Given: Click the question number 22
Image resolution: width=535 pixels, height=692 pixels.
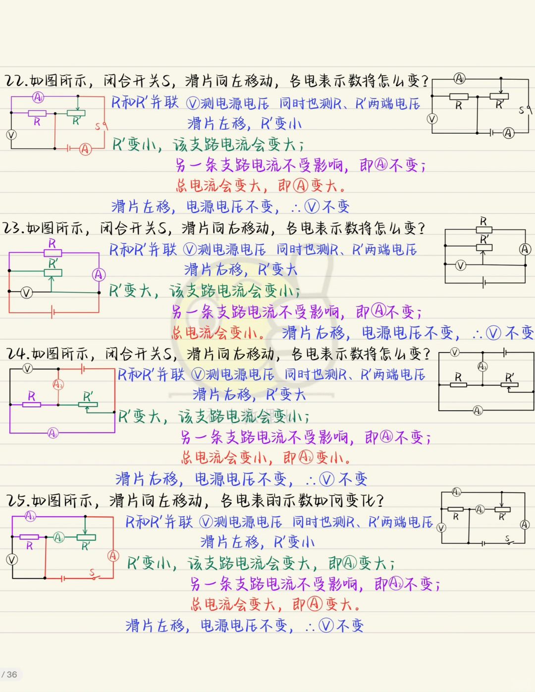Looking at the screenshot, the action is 15,81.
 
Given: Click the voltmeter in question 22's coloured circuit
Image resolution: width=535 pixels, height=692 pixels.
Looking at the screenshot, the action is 11,135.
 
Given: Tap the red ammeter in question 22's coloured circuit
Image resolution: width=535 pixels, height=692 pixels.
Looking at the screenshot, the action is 85,149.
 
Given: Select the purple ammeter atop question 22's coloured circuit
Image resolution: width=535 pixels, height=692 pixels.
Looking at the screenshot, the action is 38,97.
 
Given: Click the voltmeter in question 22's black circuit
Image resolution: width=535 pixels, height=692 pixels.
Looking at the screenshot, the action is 432,119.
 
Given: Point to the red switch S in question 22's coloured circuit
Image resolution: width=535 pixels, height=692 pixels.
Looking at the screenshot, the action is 102,126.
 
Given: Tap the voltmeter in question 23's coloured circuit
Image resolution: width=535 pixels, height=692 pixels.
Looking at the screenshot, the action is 26,293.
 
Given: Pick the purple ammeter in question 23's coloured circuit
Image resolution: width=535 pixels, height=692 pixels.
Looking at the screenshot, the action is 99,274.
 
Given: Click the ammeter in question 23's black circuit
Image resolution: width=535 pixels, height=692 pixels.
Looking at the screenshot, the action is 525,249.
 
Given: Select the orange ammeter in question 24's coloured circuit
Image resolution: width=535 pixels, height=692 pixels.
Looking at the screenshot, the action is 58,384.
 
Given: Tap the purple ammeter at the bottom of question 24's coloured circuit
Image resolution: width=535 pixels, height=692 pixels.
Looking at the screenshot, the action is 53,433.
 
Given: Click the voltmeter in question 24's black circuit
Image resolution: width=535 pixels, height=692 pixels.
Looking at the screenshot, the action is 454,353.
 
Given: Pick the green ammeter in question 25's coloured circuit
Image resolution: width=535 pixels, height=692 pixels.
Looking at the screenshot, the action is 58,537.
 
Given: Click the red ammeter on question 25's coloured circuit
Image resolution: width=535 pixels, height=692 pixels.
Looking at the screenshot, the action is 113,556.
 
